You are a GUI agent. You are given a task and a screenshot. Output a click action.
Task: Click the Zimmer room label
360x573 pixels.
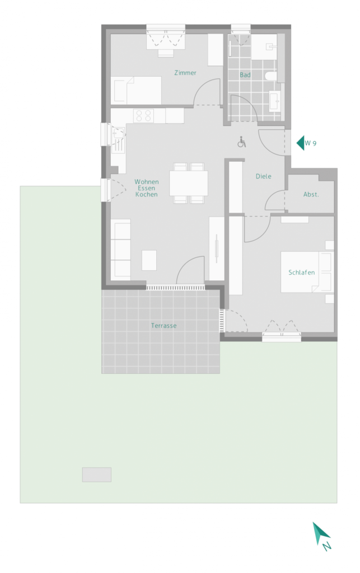point(185,73)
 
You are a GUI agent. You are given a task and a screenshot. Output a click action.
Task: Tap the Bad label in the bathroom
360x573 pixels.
point(245,74)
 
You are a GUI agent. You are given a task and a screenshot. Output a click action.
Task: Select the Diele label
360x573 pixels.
point(263,176)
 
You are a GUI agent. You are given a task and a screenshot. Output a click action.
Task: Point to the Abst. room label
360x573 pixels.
point(311,194)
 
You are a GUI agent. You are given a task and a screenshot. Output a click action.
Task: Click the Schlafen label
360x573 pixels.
point(301,273)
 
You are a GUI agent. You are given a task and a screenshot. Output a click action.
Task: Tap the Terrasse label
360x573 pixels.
point(163,325)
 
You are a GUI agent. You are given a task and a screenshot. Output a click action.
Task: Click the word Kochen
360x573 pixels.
point(146,194)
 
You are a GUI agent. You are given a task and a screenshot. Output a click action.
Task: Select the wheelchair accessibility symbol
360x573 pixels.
point(242,142)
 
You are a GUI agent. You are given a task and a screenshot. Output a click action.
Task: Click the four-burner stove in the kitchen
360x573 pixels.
point(143,115)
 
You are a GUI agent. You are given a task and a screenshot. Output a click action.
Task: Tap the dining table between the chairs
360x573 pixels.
point(189,183)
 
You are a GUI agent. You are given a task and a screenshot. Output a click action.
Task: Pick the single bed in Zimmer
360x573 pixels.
point(137,90)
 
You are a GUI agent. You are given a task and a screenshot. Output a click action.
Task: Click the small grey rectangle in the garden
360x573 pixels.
point(96,475)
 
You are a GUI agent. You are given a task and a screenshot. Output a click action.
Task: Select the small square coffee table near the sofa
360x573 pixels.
point(149,260)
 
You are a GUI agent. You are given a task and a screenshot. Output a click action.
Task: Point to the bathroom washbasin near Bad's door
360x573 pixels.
point(275,101)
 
